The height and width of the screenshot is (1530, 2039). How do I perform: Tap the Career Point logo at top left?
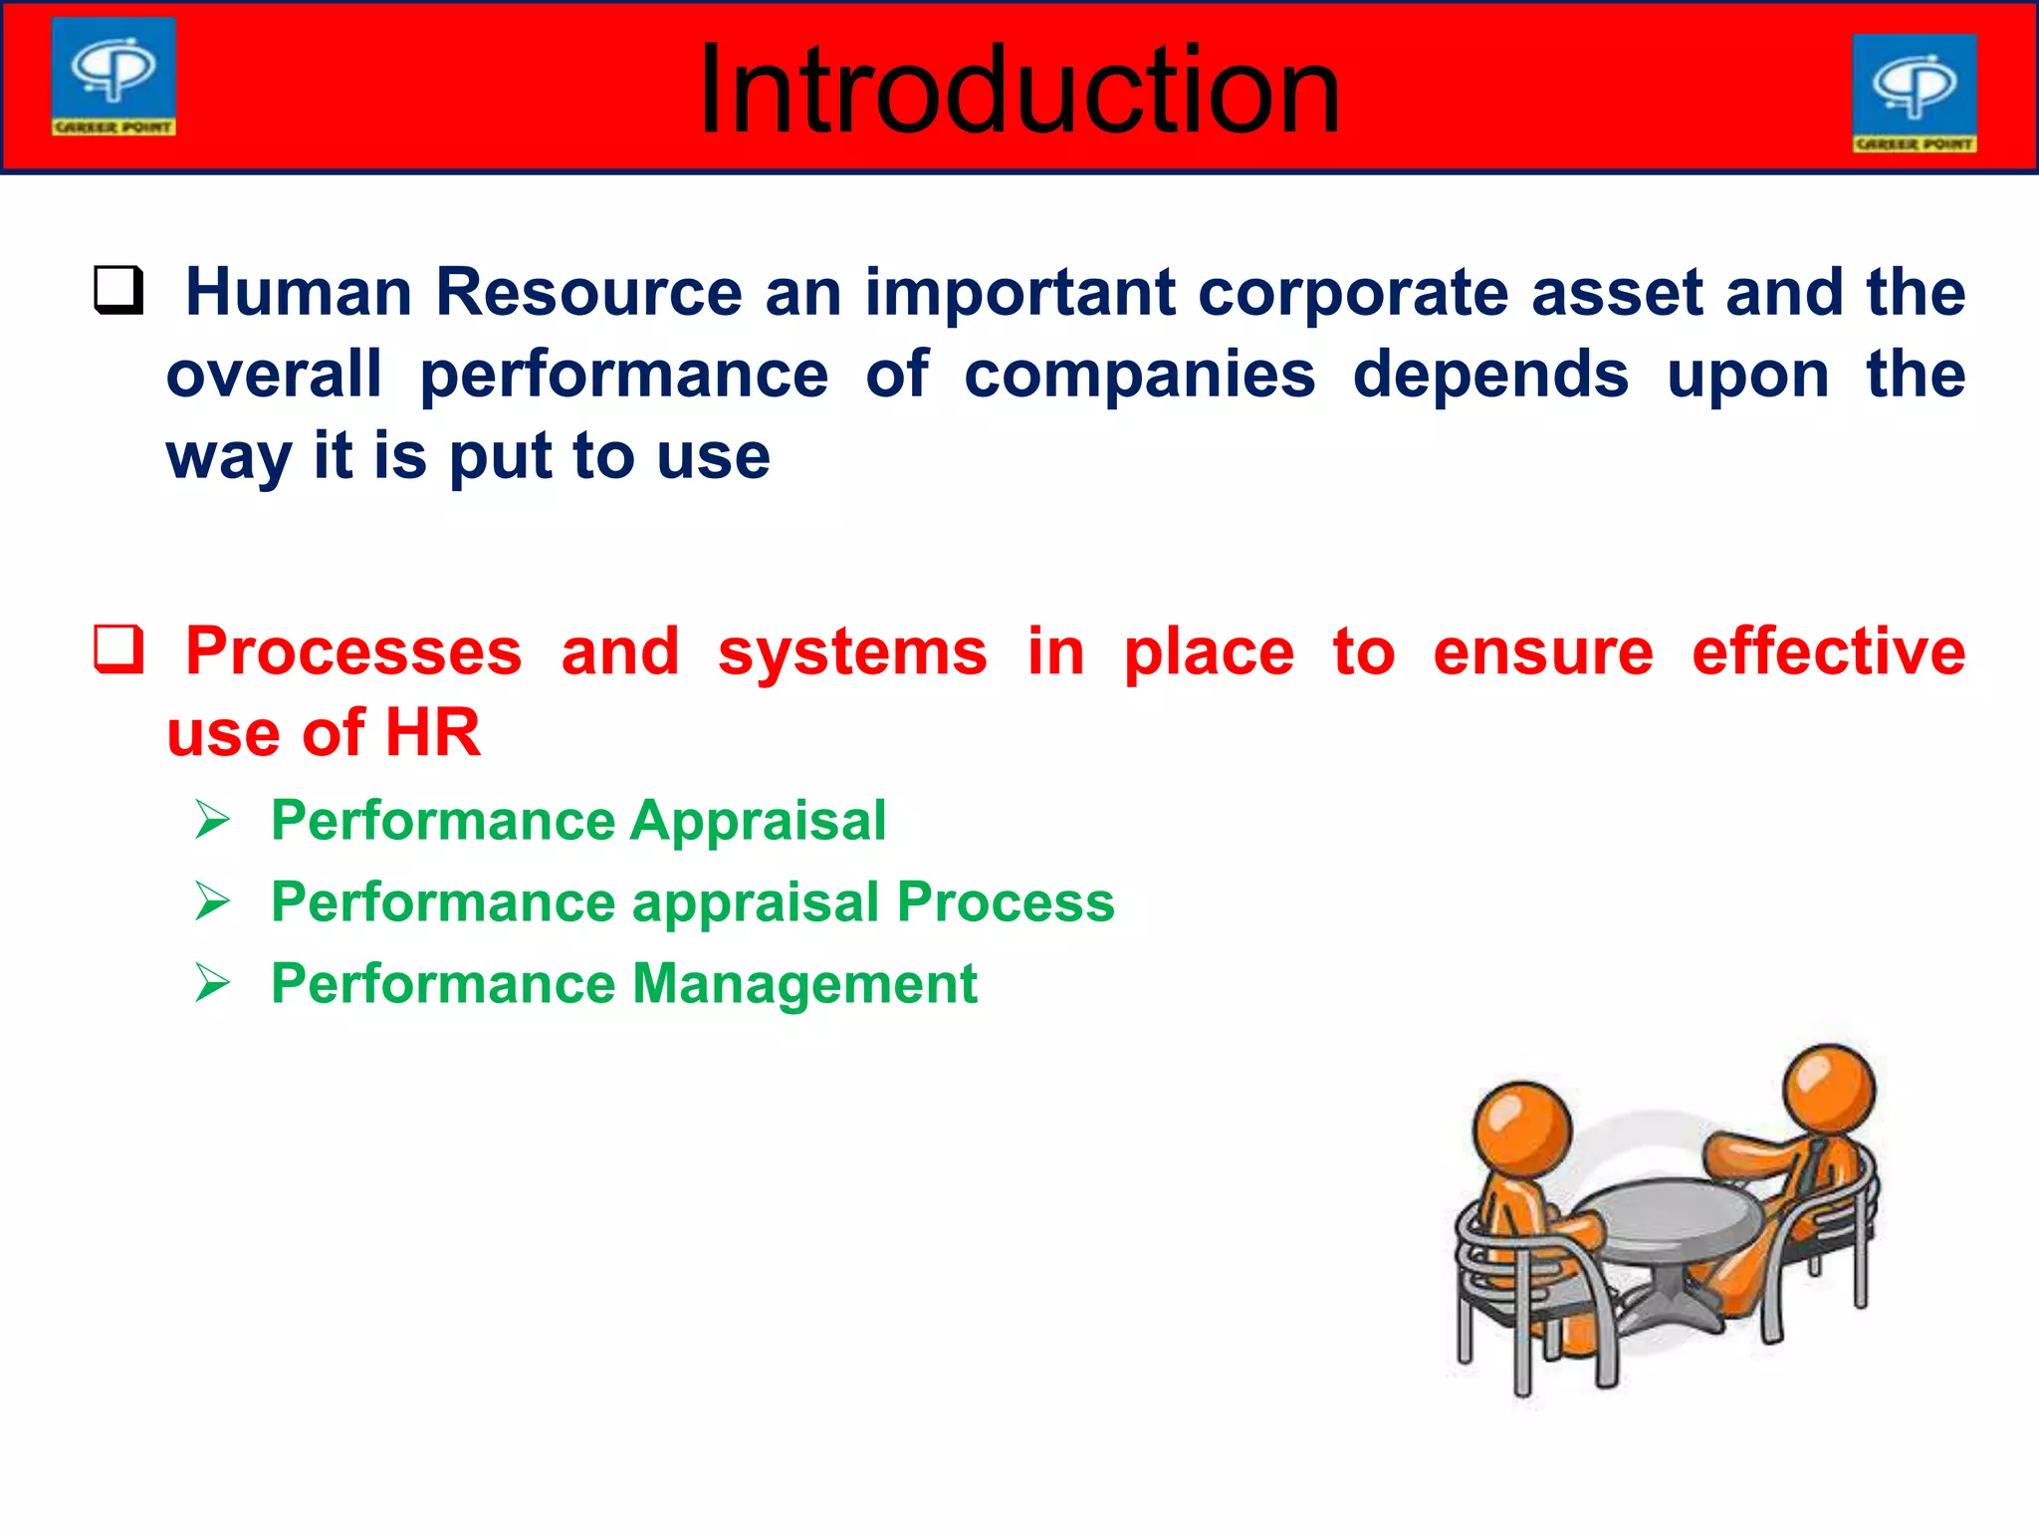113,77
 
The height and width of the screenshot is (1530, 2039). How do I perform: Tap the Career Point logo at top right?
1914,93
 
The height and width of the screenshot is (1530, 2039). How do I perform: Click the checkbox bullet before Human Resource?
118,291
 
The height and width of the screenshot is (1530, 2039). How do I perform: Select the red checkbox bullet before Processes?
118,649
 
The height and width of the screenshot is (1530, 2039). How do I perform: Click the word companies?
1139,375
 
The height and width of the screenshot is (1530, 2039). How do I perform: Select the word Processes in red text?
353,651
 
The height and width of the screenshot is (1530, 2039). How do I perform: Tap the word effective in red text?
1828,651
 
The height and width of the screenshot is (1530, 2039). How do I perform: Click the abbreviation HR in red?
433,733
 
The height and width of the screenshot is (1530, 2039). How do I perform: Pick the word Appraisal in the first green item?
758,821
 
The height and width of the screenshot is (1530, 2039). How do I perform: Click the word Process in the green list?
1006,902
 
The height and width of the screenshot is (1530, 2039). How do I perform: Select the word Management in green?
804,984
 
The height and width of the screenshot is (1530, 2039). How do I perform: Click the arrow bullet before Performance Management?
212,984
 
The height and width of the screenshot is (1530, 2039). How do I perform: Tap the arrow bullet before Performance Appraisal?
212,821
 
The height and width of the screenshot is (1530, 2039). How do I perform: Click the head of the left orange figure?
1521,1131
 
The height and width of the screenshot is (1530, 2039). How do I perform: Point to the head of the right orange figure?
1828,1087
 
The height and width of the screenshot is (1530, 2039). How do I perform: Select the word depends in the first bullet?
1490,375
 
